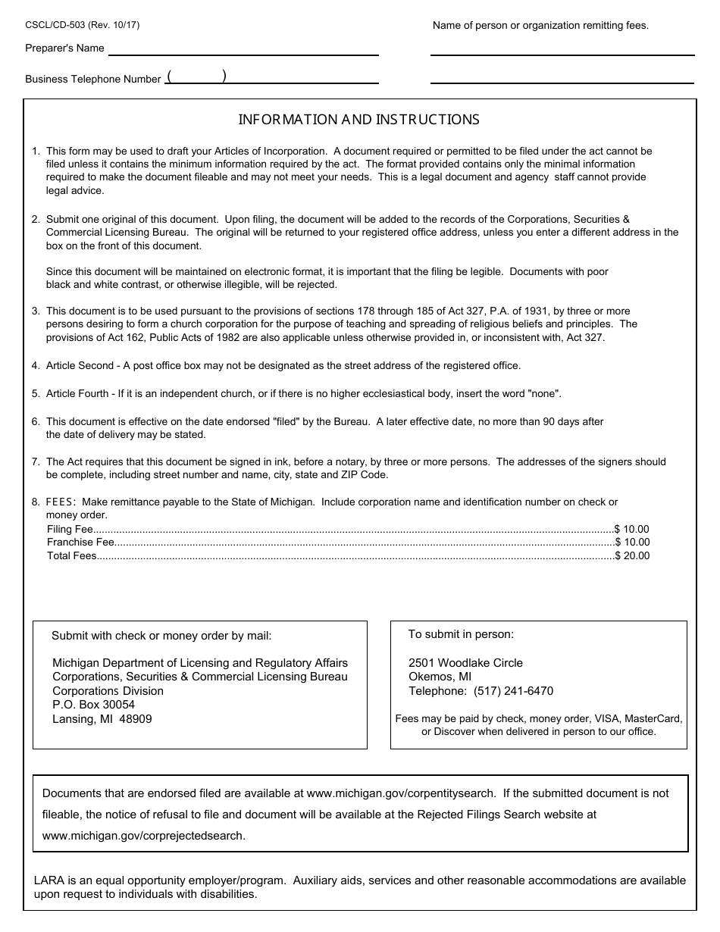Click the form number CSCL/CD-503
coord(55,25)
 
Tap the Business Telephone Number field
coord(271,77)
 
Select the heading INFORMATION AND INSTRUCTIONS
coord(358,120)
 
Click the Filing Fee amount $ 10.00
coord(632,530)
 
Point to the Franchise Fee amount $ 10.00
coord(632,543)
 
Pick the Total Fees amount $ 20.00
coord(632,555)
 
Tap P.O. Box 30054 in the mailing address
coord(93,705)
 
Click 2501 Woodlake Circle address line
coord(465,663)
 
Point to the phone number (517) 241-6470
coord(513,691)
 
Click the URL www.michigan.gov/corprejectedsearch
coord(143,836)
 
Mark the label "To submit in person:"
coord(461,634)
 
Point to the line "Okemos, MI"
coord(440,677)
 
